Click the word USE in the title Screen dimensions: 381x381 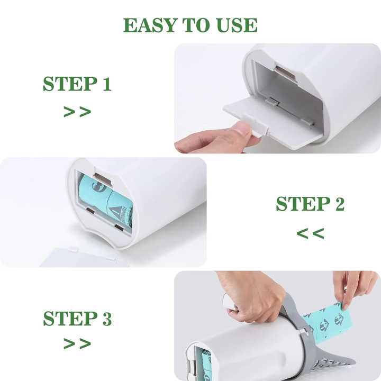(x=235, y=25)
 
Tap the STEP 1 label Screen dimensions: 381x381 (x=77, y=84)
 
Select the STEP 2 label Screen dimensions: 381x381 (x=310, y=203)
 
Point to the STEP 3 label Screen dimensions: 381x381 (x=77, y=318)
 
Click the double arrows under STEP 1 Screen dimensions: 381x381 (x=77, y=112)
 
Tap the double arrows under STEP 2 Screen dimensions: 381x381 (x=310, y=233)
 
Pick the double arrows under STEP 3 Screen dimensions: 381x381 (x=77, y=343)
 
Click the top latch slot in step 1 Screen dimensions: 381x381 (x=285, y=71)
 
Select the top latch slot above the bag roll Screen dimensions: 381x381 (x=103, y=179)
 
